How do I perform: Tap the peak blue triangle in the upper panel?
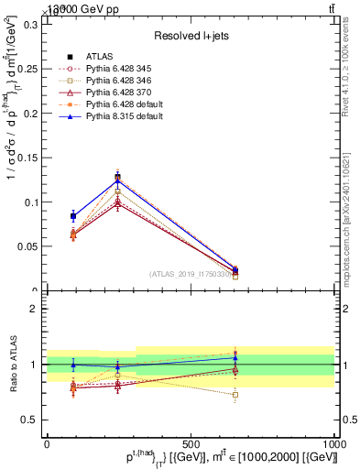(117, 180)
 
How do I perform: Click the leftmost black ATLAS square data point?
(73, 216)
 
